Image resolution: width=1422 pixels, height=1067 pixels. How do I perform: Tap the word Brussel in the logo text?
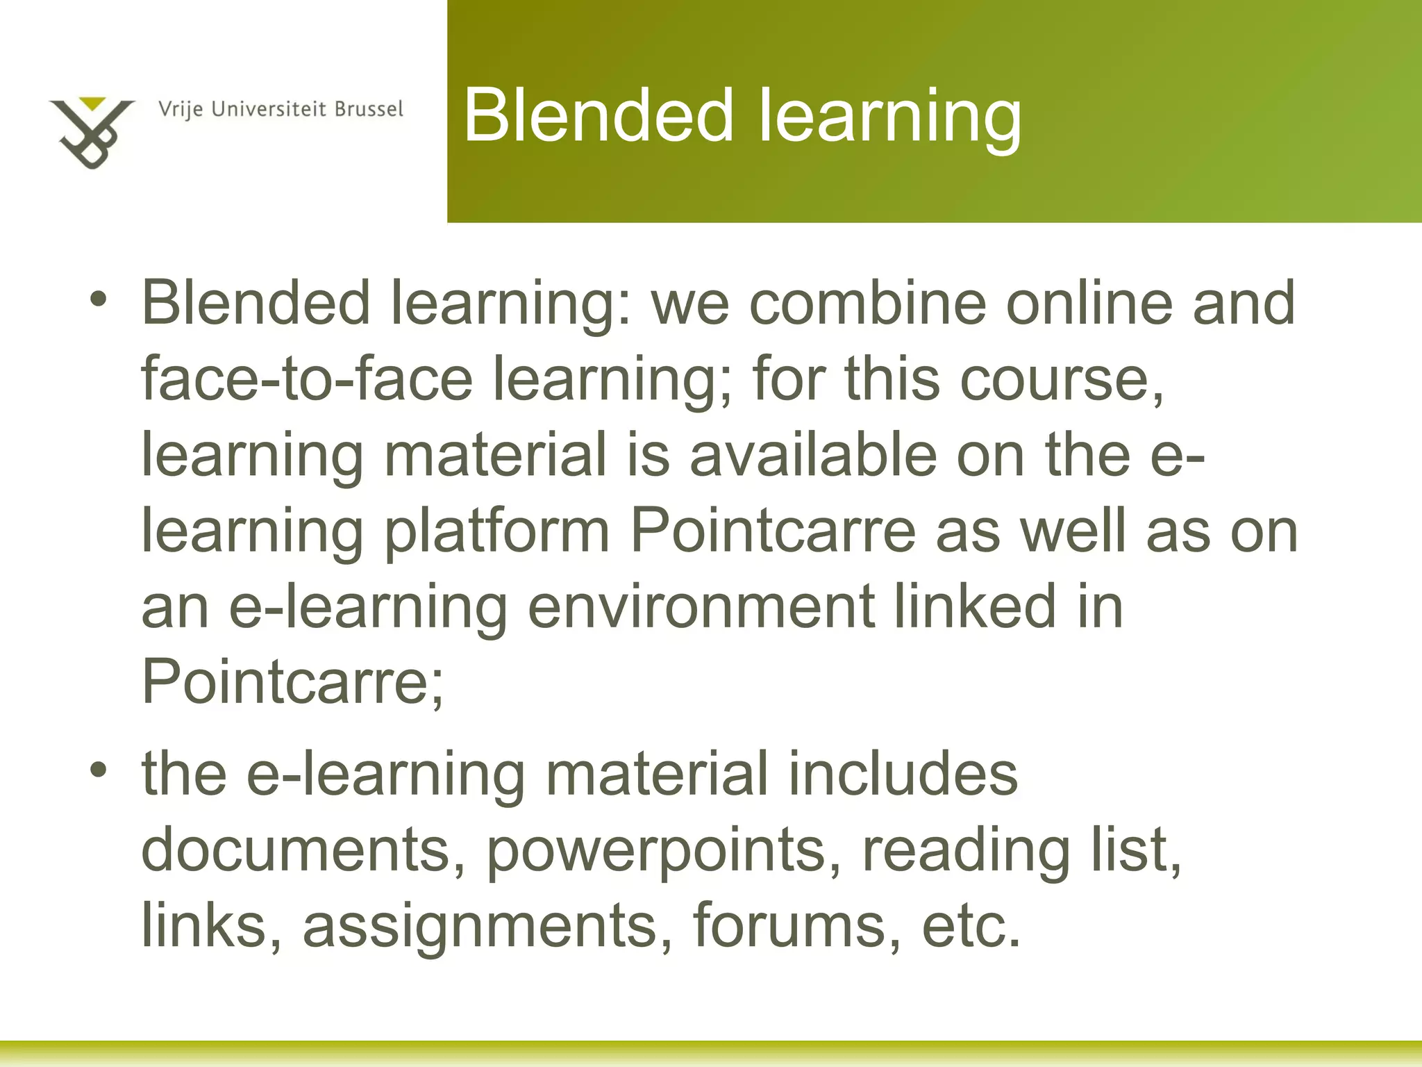[x=369, y=110]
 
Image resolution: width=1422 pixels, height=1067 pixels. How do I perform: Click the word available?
[x=812, y=454]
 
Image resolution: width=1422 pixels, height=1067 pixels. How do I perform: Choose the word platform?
[x=497, y=531]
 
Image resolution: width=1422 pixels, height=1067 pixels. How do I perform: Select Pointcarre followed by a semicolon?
[x=292, y=681]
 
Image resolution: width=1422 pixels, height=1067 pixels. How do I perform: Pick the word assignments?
[x=479, y=925]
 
